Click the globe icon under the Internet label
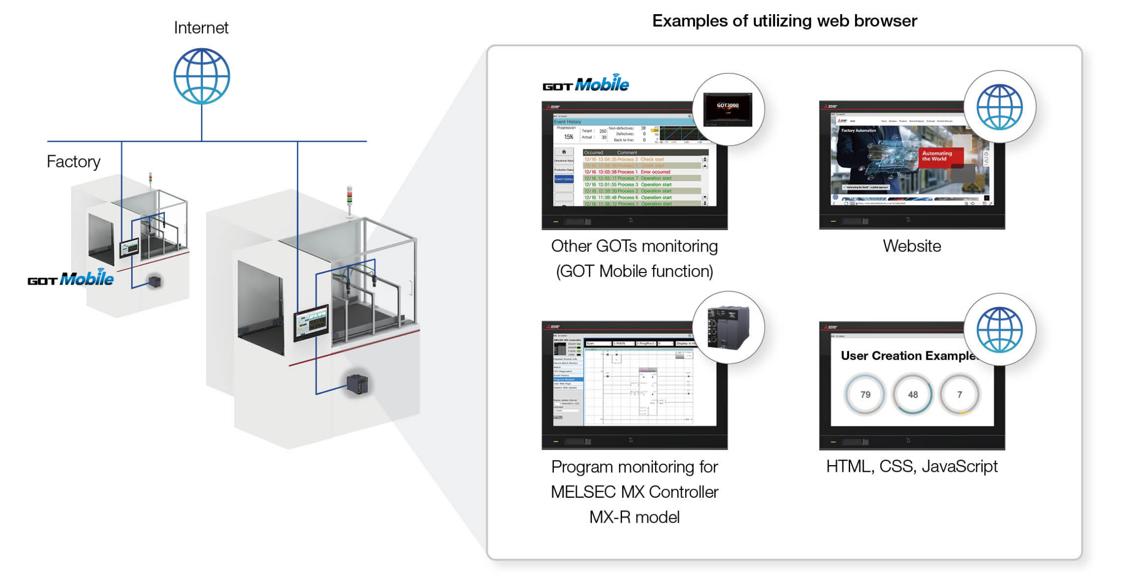coord(201,76)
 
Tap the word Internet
coord(201,28)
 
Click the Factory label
coord(73,162)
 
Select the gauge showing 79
coord(865,395)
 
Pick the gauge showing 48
coord(912,395)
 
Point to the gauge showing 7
coord(959,395)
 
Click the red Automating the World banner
coord(941,156)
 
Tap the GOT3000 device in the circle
coord(728,109)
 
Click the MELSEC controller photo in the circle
coord(728,328)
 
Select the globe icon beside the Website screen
coord(999,107)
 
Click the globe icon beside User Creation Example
coord(999,330)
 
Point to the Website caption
coord(911,246)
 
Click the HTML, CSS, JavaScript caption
coord(911,467)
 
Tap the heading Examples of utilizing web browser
coord(784,21)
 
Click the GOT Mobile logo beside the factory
coord(71,279)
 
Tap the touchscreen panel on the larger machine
coord(311,323)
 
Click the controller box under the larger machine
coord(357,384)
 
